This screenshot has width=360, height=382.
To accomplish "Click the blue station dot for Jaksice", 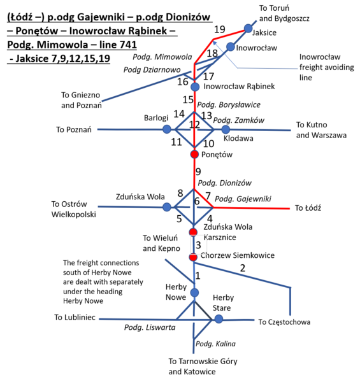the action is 248,28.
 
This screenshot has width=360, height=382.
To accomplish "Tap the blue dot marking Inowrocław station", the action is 230,46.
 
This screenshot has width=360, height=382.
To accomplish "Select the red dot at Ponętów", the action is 194,154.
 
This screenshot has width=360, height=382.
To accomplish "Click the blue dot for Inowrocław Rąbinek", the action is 195,87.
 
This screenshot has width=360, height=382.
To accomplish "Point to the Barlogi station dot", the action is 167,129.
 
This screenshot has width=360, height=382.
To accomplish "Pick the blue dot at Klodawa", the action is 226,129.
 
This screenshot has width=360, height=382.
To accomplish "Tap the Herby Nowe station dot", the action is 194,293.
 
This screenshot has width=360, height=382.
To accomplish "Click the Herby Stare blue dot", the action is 219,319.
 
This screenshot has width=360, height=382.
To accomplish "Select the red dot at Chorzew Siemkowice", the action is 193,257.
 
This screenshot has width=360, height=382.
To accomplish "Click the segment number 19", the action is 219,29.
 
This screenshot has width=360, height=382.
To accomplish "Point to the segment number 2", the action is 243,268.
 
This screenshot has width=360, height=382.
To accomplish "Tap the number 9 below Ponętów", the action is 198,172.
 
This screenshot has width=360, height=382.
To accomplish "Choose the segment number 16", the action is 183,82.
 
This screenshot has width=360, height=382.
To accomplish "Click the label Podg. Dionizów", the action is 224,183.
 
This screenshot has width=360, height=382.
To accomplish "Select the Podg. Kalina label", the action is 215,344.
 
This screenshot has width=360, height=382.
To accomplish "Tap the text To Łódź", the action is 308,208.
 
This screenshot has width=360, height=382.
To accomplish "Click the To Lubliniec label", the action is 75,317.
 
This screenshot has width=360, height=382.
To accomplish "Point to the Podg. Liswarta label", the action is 150,327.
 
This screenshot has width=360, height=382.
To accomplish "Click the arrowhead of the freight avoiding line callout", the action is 213,42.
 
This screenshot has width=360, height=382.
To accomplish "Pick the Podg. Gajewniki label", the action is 243,199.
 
